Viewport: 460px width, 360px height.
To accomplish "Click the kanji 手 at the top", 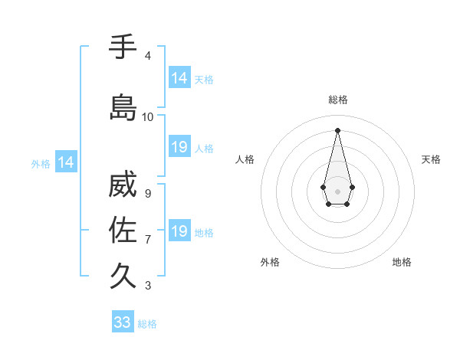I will click(123, 47).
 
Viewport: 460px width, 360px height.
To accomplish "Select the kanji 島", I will click(123, 107).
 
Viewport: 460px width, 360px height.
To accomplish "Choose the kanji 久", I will click(123, 274).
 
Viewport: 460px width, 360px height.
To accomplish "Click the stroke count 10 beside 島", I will click(148, 117).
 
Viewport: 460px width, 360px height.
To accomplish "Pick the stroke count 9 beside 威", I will click(147, 194).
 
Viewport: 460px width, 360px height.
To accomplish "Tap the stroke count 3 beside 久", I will click(147, 286).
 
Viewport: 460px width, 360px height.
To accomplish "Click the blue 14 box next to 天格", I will click(179, 77).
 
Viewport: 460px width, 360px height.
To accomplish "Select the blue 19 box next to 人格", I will click(179, 147).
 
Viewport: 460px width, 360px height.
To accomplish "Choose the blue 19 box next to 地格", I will click(179, 231).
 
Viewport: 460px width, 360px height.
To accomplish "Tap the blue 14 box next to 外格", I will click(65, 162).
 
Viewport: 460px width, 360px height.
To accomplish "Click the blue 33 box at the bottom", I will click(123, 322).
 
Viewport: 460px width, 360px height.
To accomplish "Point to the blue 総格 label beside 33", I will click(147, 324).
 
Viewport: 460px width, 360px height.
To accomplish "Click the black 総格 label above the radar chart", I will click(338, 100).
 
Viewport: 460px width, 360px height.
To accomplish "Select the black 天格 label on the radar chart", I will click(432, 159).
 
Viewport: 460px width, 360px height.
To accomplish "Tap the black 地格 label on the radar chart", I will click(402, 262).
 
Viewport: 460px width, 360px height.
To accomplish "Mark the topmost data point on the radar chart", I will click(337, 130).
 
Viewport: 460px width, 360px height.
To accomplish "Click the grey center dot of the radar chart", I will click(337, 190).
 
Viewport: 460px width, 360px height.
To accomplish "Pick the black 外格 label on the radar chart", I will click(270, 262).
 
